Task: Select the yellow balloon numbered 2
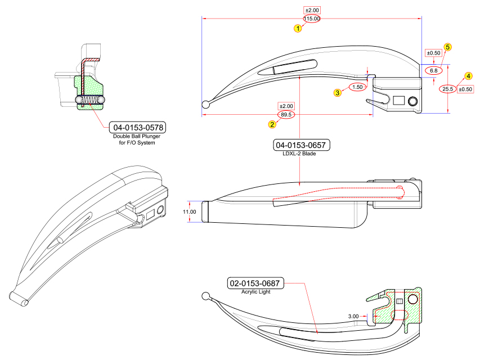coord(272,124)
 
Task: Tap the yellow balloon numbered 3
coord(338,93)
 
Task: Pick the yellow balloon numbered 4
coord(468,76)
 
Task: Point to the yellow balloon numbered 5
coord(448,47)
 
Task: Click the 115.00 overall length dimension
coord(312,19)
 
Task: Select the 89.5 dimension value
coord(286,115)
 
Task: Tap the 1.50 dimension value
coord(357,87)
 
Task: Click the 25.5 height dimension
coord(448,89)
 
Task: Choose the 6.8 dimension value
coord(434,71)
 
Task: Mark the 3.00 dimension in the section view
coord(353,317)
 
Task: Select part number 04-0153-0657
coord(301,145)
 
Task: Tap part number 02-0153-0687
coord(255,283)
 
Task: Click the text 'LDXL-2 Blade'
coord(301,154)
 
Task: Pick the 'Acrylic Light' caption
coord(256,292)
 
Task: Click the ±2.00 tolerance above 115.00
coord(312,10)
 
